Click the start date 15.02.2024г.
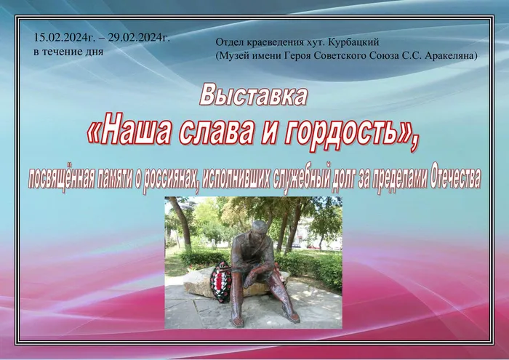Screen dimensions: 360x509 point(63,39)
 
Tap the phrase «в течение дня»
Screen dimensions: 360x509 point(68,52)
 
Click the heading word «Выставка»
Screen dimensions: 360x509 point(253,96)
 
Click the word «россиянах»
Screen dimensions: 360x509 point(172,177)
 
